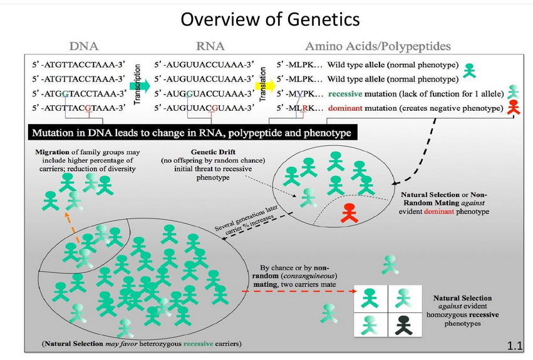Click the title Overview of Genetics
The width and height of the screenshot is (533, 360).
tap(270, 19)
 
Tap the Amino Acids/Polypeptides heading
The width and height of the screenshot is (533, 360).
tap(378, 46)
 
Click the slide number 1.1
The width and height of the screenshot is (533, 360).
tap(514, 346)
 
